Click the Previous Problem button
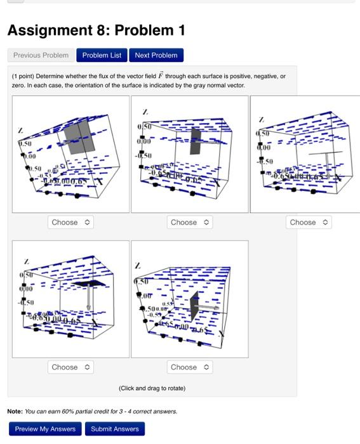pyautogui.click(x=41, y=55)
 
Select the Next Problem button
pyautogui.click(x=156, y=55)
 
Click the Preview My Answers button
pyautogui.click(x=45, y=429)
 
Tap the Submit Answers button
pyautogui.click(x=115, y=429)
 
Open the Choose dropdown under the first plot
pyautogui.click(x=71, y=223)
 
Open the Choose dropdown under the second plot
pyautogui.click(x=190, y=223)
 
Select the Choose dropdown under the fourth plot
pyautogui.click(x=71, y=367)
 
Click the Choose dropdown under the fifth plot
pyautogui.click(x=190, y=367)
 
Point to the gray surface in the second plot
pyautogui.click(x=195, y=141)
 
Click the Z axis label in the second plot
pyautogui.click(x=146, y=112)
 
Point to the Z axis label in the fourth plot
pyautogui.click(x=26, y=260)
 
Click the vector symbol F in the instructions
pyautogui.click(x=161, y=75)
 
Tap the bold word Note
pyautogui.click(x=15, y=411)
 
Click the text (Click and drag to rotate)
pyautogui.click(x=152, y=388)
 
